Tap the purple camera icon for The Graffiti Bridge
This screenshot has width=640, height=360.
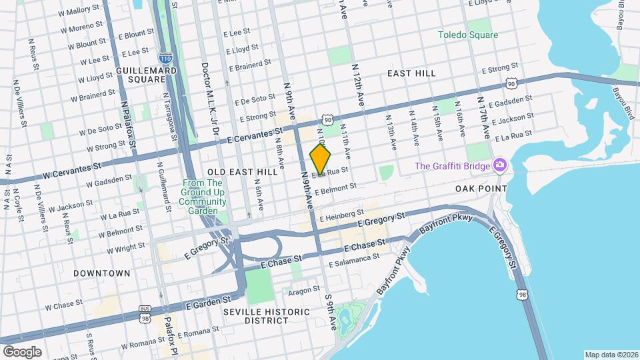[x=499, y=165]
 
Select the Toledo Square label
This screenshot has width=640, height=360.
[x=468, y=35]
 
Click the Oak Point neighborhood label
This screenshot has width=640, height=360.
[x=481, y=189]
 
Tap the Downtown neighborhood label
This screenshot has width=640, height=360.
[x=102, y=273]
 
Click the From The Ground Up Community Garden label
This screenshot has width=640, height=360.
[x=205, y=197]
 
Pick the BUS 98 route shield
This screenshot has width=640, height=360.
[x=145, y=311]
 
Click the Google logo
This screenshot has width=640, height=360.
[x=22, y=351]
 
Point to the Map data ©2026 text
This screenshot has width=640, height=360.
[x=611, y=354]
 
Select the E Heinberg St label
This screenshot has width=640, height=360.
[x=341, y=217]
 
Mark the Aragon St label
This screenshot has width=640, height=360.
[x=305, y=291]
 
